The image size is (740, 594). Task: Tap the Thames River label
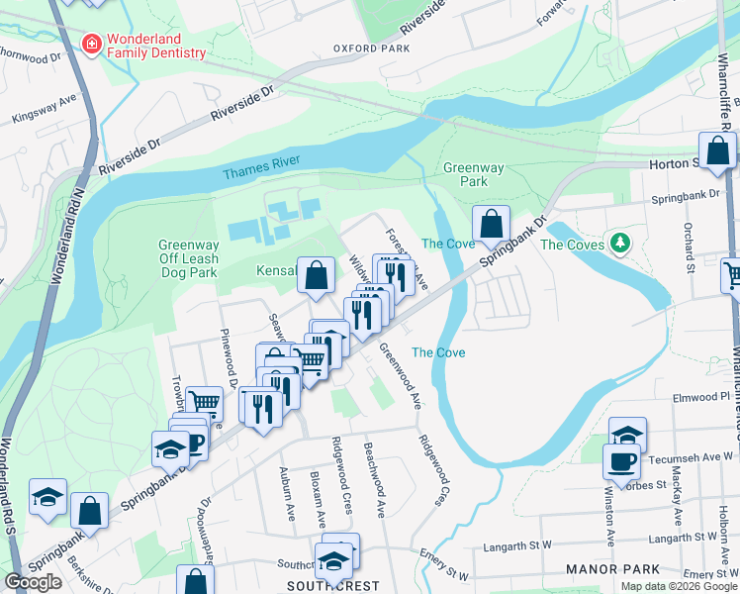[261, 172]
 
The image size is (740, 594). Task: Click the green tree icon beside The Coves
[620, 243]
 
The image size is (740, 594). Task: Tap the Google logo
[33, 582]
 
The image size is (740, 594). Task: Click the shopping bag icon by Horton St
[718, 151]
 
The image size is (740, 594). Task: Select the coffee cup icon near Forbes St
[621, 462]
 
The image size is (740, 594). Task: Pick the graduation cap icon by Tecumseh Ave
[627, 435]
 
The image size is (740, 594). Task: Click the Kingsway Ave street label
[44, 110]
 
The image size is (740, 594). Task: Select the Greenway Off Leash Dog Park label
[188, 258]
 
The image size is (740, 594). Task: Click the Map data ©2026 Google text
[678, 586]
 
